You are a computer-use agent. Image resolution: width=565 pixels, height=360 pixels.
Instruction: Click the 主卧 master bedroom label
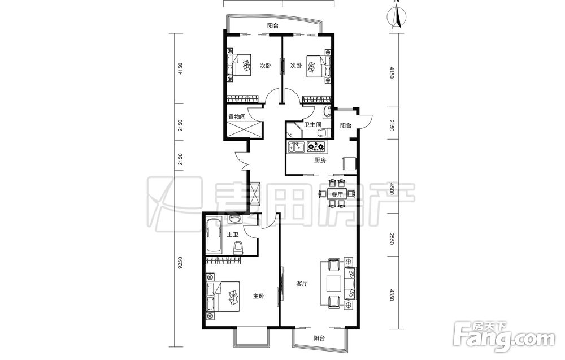(x=259, y=297)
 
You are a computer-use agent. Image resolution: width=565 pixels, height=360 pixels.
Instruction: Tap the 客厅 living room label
(x=302, y=284)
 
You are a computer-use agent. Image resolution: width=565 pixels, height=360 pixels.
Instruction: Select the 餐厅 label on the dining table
(x=337, y=194)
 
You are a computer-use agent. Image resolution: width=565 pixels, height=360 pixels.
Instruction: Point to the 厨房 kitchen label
(x=320, y=160)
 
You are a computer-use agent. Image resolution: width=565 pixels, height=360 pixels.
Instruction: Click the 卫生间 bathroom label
(x=312, y=125)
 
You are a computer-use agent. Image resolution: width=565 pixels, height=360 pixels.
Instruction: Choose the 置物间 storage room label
(x=237, y=117)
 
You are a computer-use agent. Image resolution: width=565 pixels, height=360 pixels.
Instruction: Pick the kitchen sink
(x=296, y=147)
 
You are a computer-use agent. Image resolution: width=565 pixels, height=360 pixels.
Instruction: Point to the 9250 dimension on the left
(x=181, y=265)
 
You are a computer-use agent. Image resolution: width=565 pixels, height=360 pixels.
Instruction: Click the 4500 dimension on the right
(x=392, y=189)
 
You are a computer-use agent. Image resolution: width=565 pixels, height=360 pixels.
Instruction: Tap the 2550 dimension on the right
(x=392, y=238)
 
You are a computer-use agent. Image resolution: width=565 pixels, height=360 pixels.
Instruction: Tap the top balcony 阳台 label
(x=273, y=26)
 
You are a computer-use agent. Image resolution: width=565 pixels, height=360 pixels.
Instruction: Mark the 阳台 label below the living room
(x=319, y=339)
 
